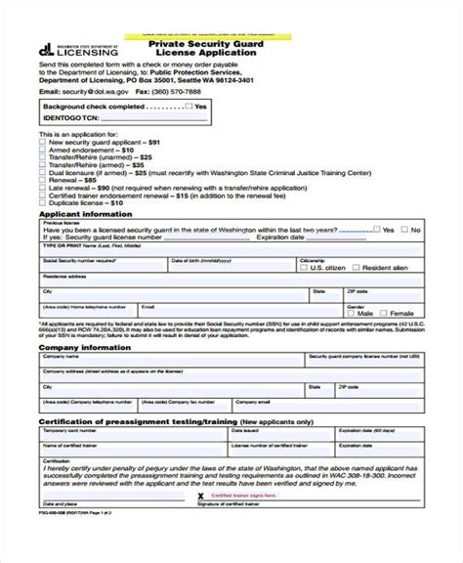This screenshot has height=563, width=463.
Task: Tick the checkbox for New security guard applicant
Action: pos(42,142)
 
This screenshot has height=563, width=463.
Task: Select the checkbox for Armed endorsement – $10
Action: pos(42,149)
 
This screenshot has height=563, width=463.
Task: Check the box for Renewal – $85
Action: pos(42,180)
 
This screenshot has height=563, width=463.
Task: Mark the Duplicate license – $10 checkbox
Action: pos(42,203)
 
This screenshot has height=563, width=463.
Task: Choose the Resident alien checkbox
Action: pos(358,267)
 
